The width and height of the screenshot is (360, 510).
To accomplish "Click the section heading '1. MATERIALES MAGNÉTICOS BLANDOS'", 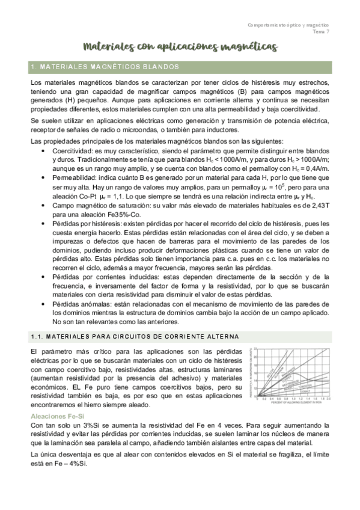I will [103, 66].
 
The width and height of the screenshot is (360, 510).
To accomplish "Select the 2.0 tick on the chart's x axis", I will [329, 398].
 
